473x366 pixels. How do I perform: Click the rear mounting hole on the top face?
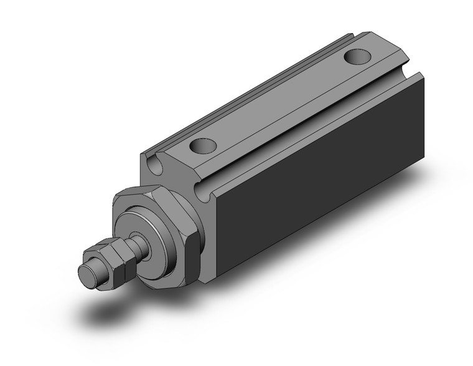click(358, 57)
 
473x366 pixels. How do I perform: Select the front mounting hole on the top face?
click(203, 147)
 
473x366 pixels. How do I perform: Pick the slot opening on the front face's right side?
click(204, 190)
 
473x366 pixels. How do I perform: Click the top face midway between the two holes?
click(280, 103)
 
